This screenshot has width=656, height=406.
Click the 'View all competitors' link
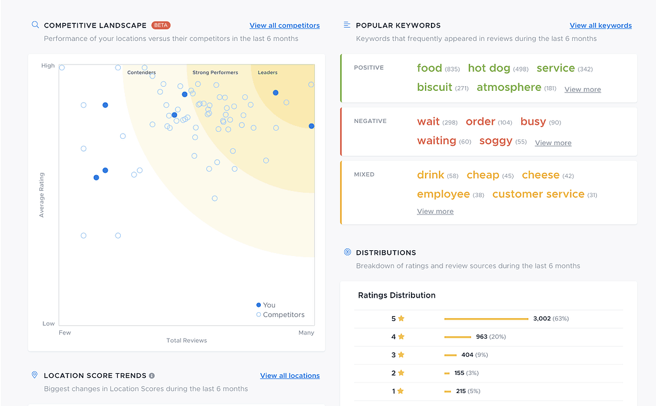click(x=284, y=26)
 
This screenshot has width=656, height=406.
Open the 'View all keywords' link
click(x=600, y=26)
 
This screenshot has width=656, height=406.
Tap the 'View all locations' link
click(x=290, y=376)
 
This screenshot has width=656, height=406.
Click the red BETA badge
click(x=161, y=25)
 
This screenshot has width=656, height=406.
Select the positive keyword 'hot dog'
click(x=489, y=68)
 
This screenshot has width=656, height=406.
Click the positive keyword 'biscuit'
click(x=434, y=87)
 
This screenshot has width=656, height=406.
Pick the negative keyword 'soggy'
click(x=495, y=141)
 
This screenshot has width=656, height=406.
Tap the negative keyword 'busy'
click(x=533, y=121)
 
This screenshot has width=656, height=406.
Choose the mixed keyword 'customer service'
click(x=538, y=194)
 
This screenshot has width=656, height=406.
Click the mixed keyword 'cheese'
click(x=541, y=175)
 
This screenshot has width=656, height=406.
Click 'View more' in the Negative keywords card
click(x=553, y=143)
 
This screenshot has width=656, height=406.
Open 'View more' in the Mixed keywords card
click(x=435, y=211)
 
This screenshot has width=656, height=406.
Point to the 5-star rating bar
click(x=486, y=319)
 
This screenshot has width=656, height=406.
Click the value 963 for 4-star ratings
click(x=481, y=337)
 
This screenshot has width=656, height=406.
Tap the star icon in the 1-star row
click(x=401, y=391)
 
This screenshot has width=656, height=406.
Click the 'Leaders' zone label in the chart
click(x=267, y=73)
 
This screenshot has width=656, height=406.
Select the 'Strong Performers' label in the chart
click(x=215, y=73)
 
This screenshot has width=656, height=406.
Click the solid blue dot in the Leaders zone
click(x=276, y=93)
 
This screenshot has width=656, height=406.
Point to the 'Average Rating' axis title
click(x=42, y=195)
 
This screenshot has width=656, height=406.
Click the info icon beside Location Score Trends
click(x=152, y=376)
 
